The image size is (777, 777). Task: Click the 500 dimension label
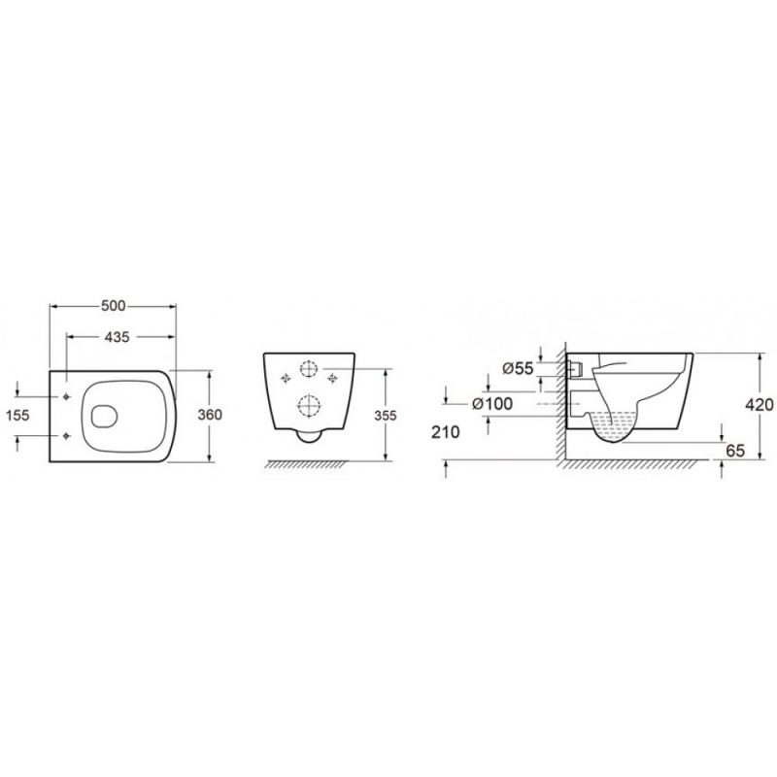114,306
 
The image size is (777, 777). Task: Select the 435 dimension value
117,337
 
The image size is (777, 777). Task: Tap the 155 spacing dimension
17,416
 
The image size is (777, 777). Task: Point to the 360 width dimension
210,415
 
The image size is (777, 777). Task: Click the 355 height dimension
385,416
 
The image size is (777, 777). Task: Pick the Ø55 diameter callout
518,369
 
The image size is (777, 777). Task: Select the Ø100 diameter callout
492,404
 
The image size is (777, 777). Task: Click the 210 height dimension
446,432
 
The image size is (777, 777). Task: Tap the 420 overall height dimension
760,405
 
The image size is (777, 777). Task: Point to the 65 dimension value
735,451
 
